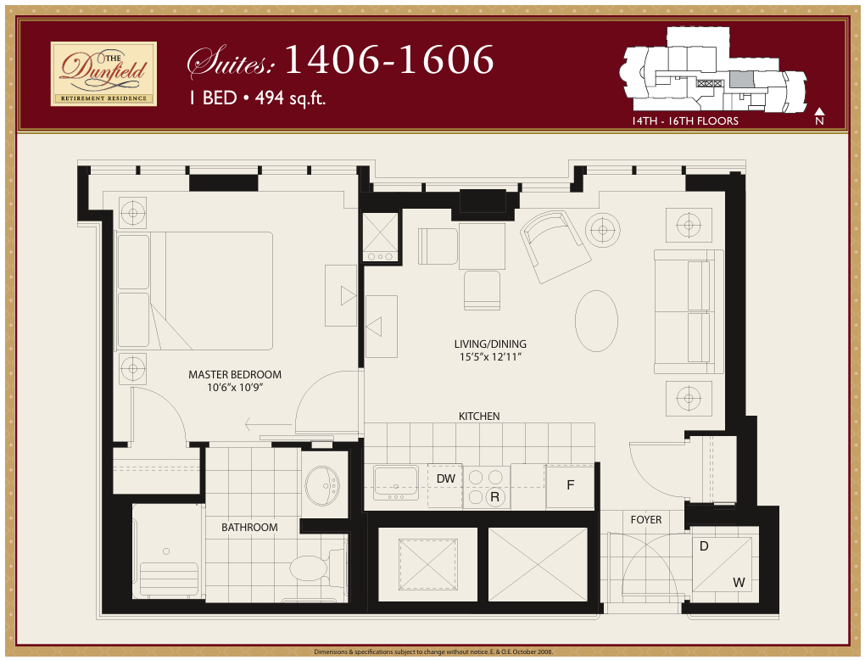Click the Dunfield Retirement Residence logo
[x=103, y=74]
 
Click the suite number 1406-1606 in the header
[x=389, y=59]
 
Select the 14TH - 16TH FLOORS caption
[x=684, y=121]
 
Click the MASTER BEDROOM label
[x=235, y=374]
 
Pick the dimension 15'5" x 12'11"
[x=490, y=357]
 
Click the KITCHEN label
[x=479, y=416]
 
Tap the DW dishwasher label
[x=445, y=478]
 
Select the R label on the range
[x=494, y=497]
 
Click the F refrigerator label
[x=571, y=485]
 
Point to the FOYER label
[x=645, y=519]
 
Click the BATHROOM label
[x=249, y=527]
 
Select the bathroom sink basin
[x=322, y=484]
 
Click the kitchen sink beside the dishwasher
[x=396, y=483]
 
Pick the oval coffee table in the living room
[x=596, y=321]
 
